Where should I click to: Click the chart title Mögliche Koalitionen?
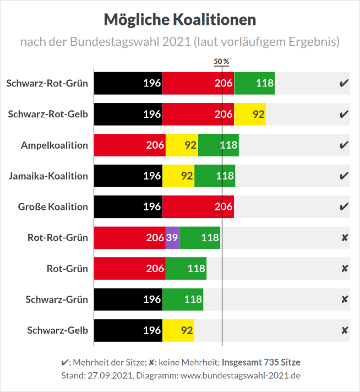click(x=180, y=20)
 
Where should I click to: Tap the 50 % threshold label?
click(x=221, y=61)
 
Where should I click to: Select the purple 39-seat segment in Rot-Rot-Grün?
click(x=172, y=238)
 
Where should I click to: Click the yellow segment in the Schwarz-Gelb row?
click(x=178, y=330)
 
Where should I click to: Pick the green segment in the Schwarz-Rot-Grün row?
click(x=255, y=84)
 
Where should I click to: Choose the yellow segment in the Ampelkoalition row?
click(x=182, y=145)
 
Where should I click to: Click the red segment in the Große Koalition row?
click(x=198, y=207)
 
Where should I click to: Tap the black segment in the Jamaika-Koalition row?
click(x=128, y=176)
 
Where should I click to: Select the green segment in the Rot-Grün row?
click(x=186, y=269)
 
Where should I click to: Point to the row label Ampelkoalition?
click(x=54, y=145)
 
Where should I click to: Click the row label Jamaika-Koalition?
click(x=48, y=176)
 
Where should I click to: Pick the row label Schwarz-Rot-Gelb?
click(x=48, y=115)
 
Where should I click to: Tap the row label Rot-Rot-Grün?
click(x=58, y=238)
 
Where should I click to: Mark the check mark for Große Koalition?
click(x=344, y=207)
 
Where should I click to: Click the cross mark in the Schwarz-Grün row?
click(x=345, y=300)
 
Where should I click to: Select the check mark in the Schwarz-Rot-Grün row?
click(x=344, y=84)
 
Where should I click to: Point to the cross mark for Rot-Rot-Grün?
click(x=345, y=238)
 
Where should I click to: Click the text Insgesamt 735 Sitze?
click(x=261, y=362)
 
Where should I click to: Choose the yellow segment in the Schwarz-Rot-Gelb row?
click(x=250, y=115)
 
